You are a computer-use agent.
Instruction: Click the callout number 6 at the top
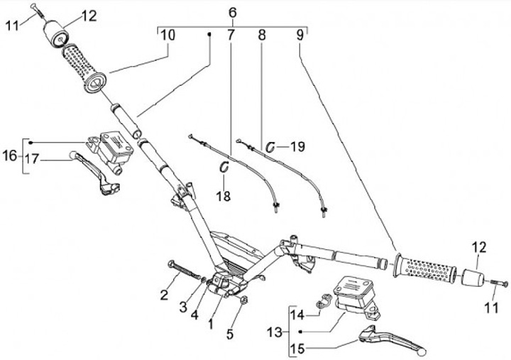pos(232,13)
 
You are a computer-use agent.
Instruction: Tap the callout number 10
pos(167,35)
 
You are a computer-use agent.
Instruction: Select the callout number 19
pos(297,147)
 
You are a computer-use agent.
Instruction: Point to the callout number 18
pos(225,195)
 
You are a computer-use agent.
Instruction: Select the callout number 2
pos(165,293)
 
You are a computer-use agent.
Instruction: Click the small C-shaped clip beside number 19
pos(271,146)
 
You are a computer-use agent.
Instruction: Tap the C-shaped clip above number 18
pos(224,167)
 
